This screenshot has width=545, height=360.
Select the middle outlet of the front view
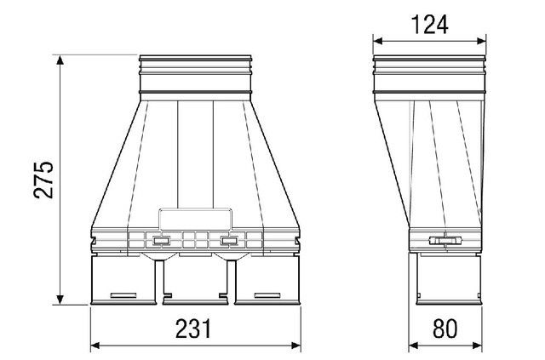[195, 281]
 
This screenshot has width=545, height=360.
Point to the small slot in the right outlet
[267, 294]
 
